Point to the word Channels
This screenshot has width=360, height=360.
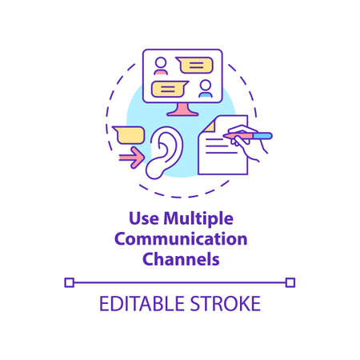tap(180, 258)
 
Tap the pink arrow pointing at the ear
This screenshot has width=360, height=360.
tap(131, 157)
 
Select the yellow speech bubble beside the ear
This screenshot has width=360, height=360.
tap(128, 133)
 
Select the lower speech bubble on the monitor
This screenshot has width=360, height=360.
tap(169, 86)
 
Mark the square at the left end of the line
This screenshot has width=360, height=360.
tap(69, 282)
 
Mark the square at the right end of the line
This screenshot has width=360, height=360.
tap(290, 282)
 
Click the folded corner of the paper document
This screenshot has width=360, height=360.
tap(206, 125)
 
